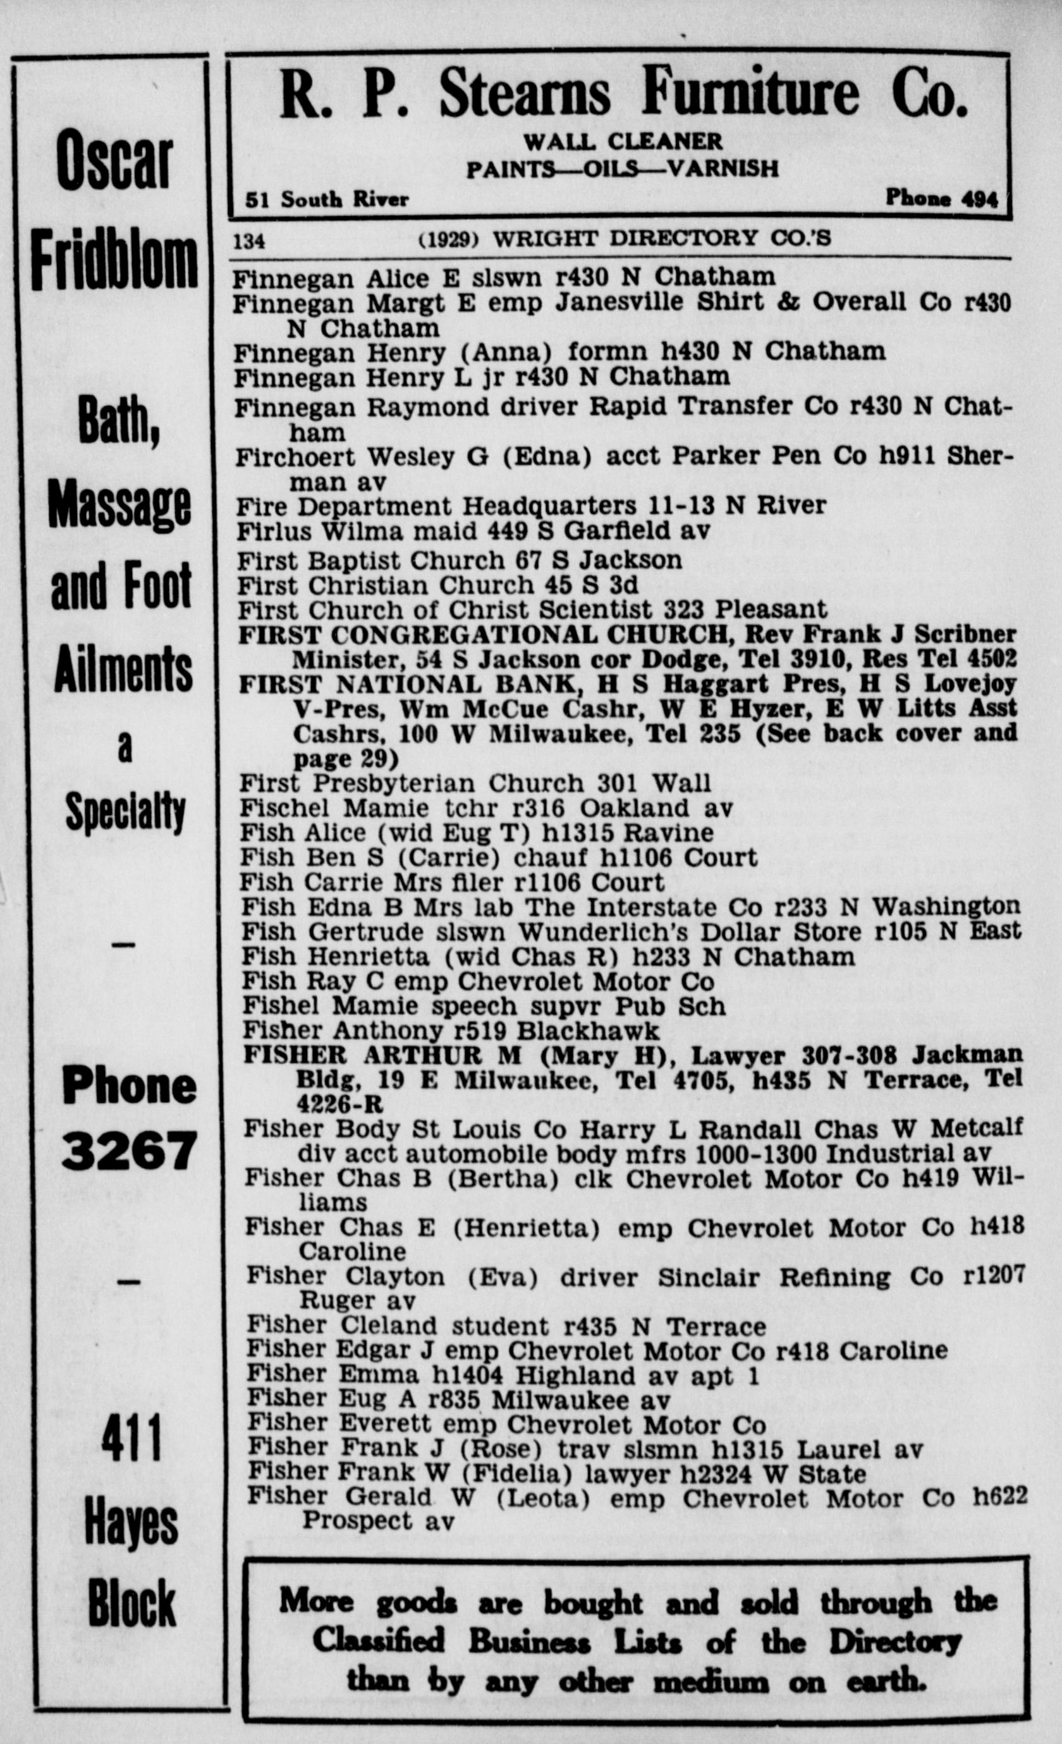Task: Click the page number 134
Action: click(249, 241)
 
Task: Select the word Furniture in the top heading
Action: click(750, 93)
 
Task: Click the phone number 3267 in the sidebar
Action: click(128, 1151)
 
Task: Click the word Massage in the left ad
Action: click(119, 505)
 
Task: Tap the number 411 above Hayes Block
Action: click(131, 1439)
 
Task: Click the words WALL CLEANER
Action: click(623, 142)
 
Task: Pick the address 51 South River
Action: click(326, 200)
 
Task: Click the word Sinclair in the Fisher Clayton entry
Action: click(708, 1278)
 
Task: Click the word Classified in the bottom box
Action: click(379, 1640)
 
